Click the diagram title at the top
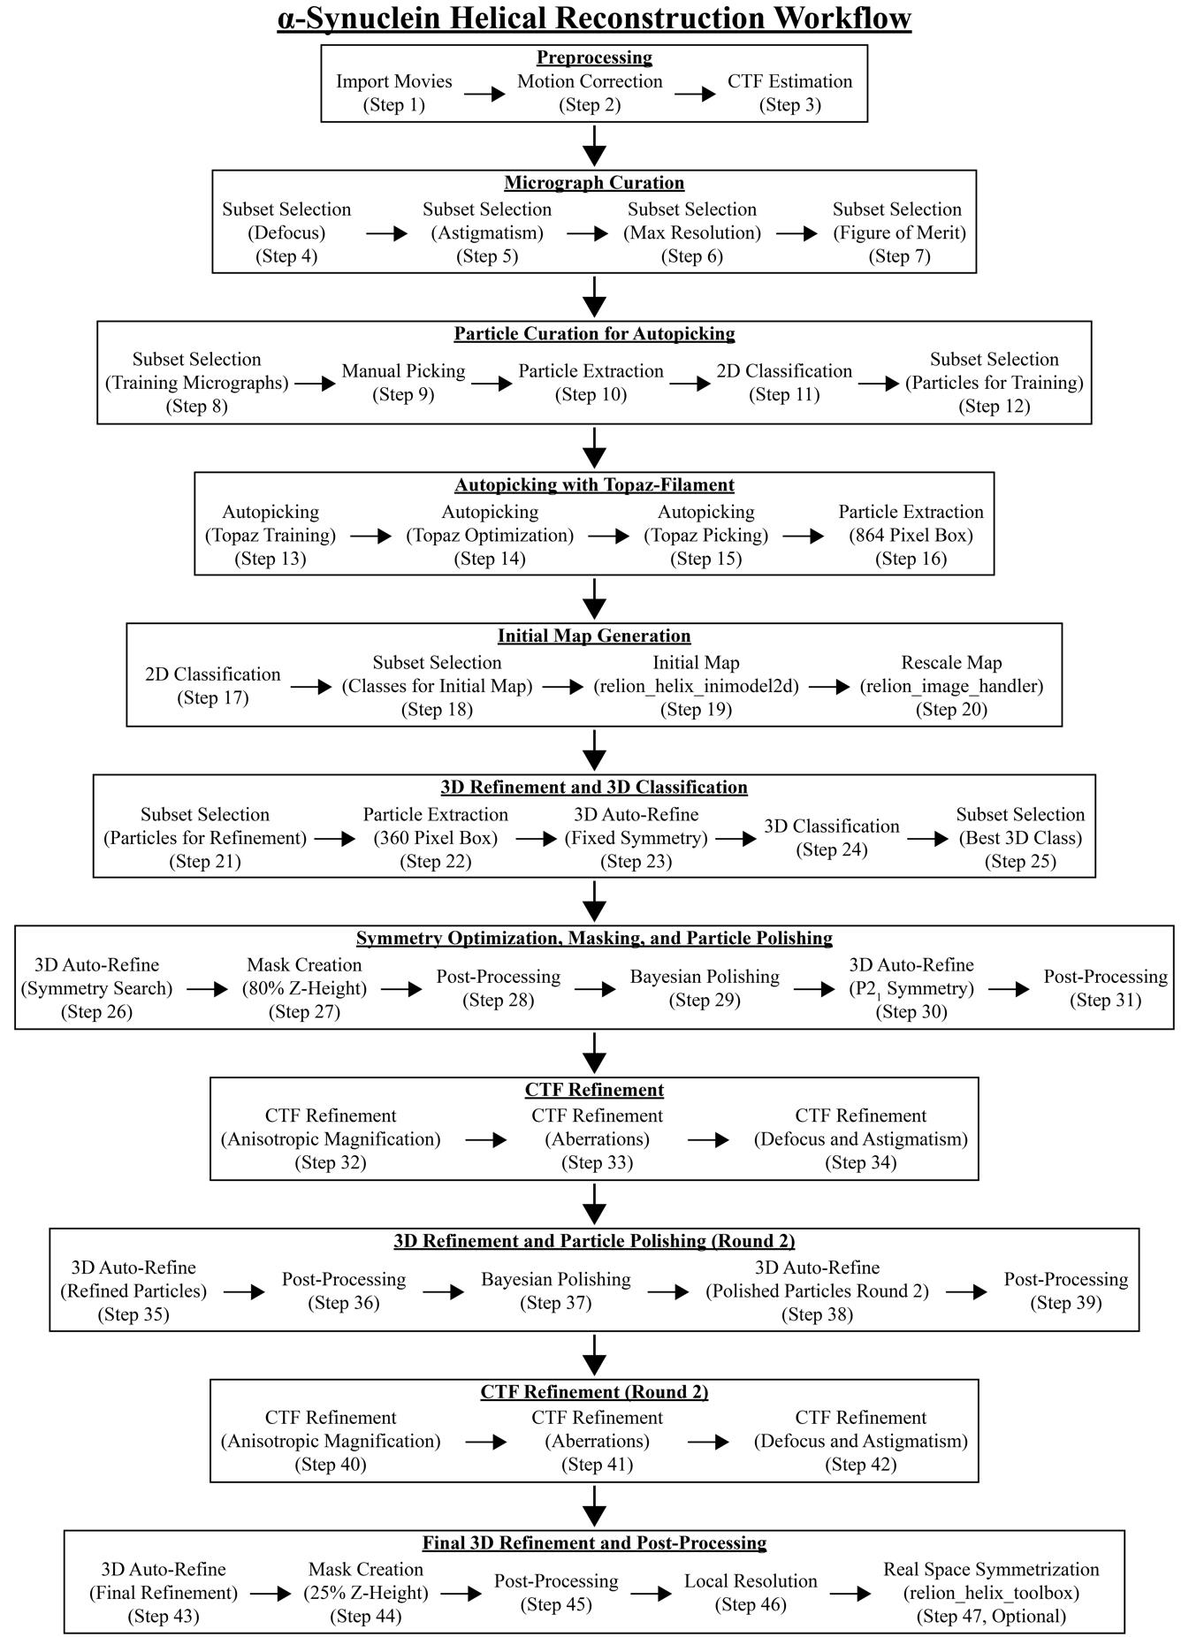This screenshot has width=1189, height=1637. [594, 18]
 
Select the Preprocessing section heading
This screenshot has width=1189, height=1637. [594, 57]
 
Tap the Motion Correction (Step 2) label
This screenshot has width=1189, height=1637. [590, 93]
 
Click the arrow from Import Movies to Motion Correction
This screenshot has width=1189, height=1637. [484, 93]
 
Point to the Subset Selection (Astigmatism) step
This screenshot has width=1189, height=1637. [487, 232]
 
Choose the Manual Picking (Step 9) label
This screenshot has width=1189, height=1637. [403, 383]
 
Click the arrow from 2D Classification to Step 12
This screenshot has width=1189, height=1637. [878, 384]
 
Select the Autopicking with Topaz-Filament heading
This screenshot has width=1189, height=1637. [594, 484]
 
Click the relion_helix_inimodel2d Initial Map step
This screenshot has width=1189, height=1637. [696, 686]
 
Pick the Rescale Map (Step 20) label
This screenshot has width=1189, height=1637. [951, 686]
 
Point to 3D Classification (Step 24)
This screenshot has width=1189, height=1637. [832, 838]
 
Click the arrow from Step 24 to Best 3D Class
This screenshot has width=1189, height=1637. [927, 839]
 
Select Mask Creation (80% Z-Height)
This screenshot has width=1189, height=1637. [304, 988]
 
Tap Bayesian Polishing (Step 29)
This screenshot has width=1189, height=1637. [705, 988]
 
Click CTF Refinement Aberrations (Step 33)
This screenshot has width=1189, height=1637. [597, 1139]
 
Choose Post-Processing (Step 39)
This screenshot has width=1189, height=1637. [1065, 1291]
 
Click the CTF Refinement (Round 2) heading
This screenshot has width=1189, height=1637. [594, 1392]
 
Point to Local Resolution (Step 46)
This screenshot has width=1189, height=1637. [751, 1592]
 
